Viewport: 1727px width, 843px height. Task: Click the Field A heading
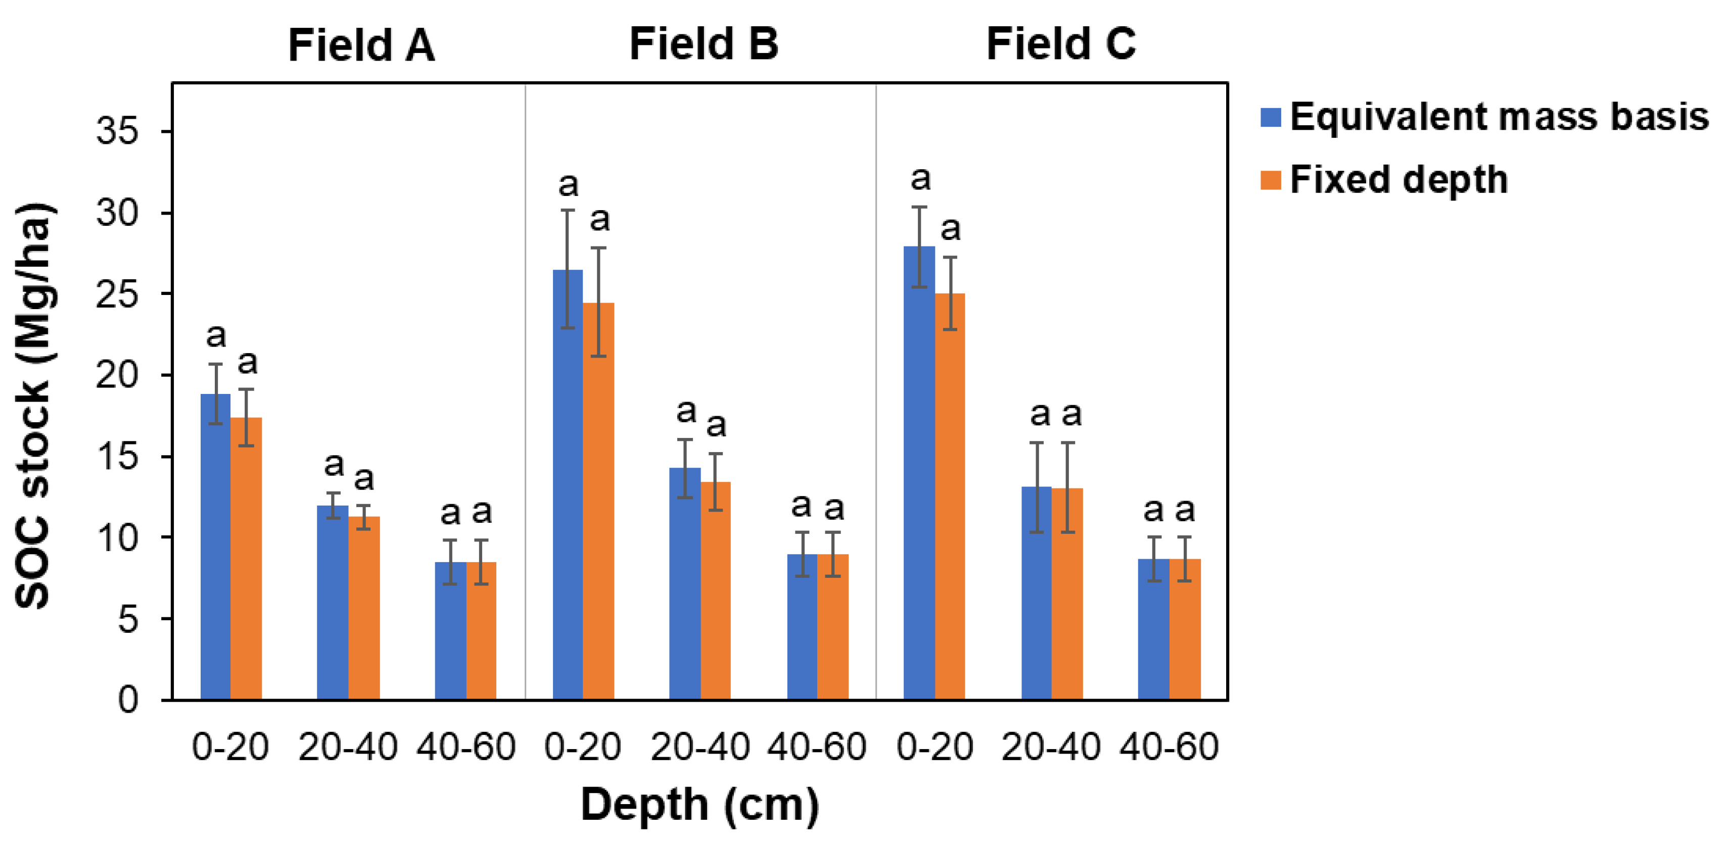point(361,45)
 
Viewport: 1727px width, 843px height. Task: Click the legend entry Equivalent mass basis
point(1499,117)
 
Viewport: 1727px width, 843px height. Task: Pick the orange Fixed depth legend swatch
point(1271,180)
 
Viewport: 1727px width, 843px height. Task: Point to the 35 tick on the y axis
point(117,131)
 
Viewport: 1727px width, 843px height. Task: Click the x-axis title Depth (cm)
point(699,804)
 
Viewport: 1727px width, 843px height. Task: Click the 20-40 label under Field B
point(699,747)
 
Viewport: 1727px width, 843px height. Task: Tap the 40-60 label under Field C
point(1169,747)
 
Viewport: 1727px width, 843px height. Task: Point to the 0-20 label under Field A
point(230,747)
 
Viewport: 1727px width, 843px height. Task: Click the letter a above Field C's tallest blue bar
point(920,179)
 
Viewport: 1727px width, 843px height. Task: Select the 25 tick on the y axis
point(117,294)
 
